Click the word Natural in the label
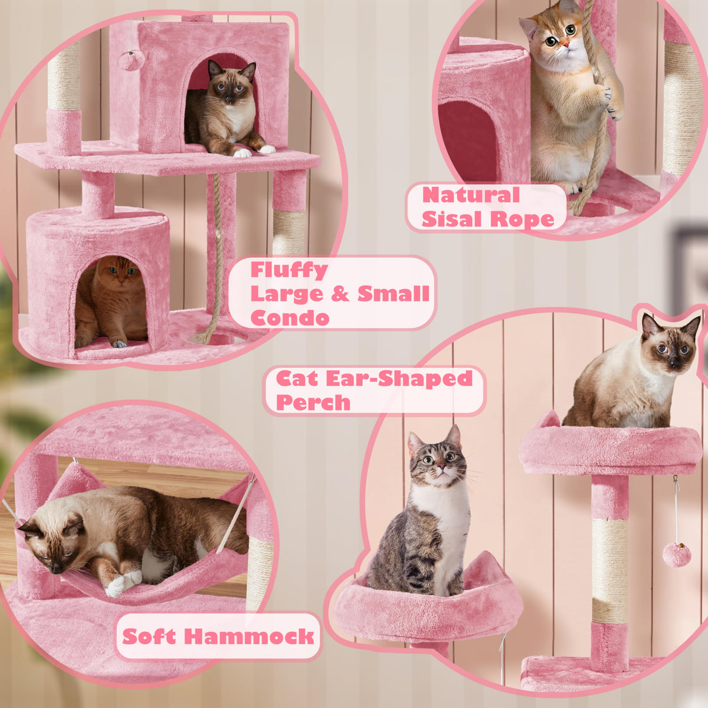coord(471,195)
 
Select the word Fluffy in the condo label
coord(289,271)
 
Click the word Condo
coord(290,317)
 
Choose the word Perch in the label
coord(313,402)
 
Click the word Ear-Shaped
coord(399,378)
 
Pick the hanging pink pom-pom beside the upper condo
coord(131,60)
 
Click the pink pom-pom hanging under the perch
coord(677,555)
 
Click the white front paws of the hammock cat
coord(123,582)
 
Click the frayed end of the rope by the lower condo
coord(202,337)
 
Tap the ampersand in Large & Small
coord(339,294)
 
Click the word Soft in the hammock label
coord(149,637)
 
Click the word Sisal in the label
coord(453,219)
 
